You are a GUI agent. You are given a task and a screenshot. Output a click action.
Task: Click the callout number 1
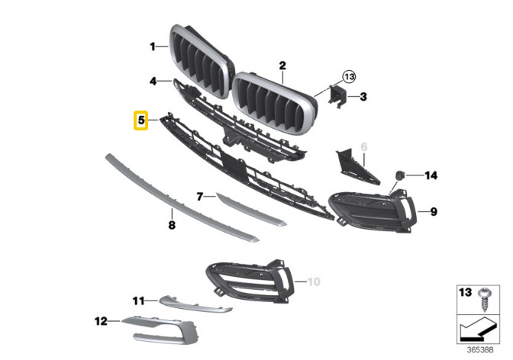153,47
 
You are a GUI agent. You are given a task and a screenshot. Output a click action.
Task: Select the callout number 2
282,66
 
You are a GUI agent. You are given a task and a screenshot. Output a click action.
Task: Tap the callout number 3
363,97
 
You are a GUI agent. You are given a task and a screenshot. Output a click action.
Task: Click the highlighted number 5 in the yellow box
141,121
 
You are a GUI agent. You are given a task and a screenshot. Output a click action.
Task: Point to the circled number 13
349,77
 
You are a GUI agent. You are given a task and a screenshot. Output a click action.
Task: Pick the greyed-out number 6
364,146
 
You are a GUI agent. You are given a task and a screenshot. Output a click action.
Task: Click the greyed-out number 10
314,281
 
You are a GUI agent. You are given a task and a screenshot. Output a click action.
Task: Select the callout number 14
431,175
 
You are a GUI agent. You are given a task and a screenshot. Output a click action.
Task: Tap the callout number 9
434,212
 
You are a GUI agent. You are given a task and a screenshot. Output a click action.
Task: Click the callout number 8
172,225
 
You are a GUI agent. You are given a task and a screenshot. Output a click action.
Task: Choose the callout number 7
200,197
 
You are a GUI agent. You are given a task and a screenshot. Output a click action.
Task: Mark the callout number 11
138,301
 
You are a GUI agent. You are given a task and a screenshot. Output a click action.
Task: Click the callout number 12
101,321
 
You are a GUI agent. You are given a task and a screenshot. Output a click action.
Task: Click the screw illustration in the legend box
483,299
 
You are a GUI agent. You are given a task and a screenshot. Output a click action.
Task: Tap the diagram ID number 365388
479,350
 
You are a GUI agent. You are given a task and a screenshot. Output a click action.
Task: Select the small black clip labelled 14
400,175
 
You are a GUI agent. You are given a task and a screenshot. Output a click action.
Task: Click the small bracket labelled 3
337,96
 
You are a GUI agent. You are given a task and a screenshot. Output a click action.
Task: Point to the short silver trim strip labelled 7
251,210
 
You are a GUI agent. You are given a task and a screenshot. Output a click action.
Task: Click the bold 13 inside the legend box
466,292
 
